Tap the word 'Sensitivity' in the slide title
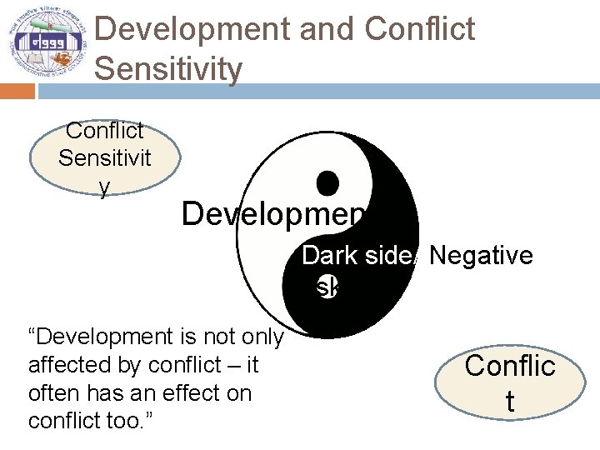pyautogui.click(x=168, y=68)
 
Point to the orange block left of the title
pyautogui.click(x=17, y=90)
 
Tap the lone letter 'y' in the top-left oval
pyautogui.click(x=104, y=188)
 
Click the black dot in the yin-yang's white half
pyautogui.click(x=327, y=182)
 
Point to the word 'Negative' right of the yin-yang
pyautogui.click(x=481, y=255)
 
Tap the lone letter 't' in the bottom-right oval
pyautogui.click(x=509, y=402)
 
